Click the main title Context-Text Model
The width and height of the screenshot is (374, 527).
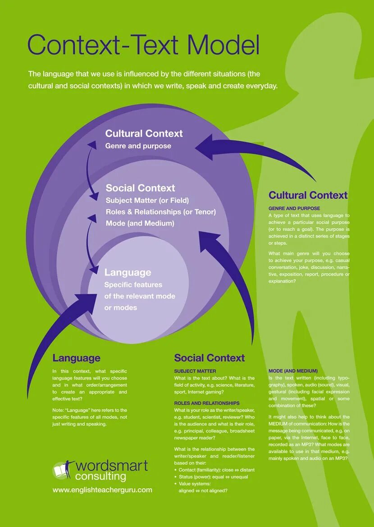pos(144,45)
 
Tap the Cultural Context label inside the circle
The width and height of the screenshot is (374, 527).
pos(144,133)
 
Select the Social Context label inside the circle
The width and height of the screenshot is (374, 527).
pos(140,188)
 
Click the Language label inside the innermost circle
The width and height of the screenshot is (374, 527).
pos(128,272)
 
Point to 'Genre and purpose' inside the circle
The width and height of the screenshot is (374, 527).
pos(138,146)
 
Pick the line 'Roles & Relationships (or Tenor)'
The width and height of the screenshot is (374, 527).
pos(160,211)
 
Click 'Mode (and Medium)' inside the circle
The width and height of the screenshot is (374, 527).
pos(140,223)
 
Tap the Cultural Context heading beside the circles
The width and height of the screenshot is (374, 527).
pos(308,195)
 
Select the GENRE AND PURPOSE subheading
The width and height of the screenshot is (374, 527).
pos(294,209)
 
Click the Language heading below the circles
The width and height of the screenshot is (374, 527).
pos(76,358)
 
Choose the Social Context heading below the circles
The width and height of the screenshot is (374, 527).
pos(209,358)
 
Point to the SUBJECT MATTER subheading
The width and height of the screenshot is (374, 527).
pos(195,371)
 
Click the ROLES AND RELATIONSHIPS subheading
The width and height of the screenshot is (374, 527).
pos(207,403)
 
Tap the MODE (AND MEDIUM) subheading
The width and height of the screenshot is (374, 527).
pos(293,371)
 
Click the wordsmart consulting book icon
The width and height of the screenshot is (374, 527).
pos(62,470)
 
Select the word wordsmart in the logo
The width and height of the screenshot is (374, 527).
pos(112,466)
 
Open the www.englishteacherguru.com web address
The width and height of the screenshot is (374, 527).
pos(102,490)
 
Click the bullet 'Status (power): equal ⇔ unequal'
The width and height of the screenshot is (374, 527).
pos(213,477)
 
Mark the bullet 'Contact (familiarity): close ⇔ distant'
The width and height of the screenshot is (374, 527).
pos(216,470)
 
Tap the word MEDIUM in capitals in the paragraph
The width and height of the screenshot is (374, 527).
pos(280,424)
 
